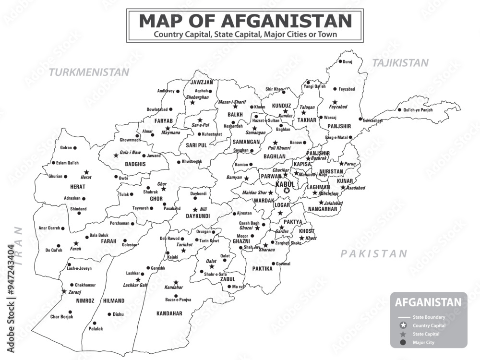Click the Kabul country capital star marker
click(x=287, y=191)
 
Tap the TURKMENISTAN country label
click(x=90, y=72)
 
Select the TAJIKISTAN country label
click(x=400, y=63)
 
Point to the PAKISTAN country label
click(x=374, y=254)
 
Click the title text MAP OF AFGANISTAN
click(x=245, y=21)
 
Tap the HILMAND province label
click(x=114, y=301)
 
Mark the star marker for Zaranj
click(x=64, y=291)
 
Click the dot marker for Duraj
click(x=340, y=61)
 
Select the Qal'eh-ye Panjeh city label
click(x=418, y=110)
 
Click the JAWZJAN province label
click(x=201, y=82)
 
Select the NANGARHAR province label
click(x=323, y=209)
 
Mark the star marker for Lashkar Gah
click(x=138, y=279)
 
